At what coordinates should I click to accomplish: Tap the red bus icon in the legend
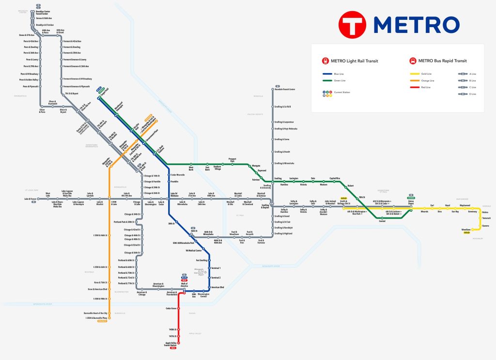click(412, 61)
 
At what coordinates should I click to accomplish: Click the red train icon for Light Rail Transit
click(325, 61)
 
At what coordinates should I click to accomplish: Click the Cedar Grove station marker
click(179, 309)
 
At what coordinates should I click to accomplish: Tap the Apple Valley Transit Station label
click(170, 344)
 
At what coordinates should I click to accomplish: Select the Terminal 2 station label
click(216, 278)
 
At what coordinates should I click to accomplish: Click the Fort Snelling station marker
click(209, 260)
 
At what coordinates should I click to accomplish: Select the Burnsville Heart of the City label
click(95, 313)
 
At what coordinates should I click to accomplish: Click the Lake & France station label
click(31, 199)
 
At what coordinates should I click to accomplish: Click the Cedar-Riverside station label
click(177, 174)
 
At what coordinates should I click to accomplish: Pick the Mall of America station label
click(184, 285)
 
